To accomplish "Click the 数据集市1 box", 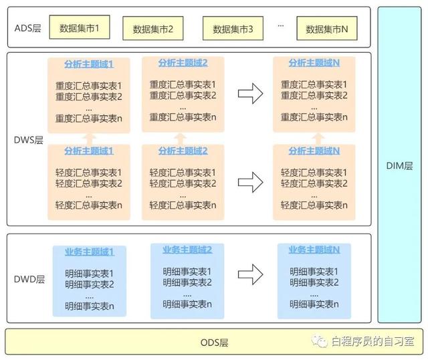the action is click(x=80, y=27).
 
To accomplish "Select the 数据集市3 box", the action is click(x=233, y=28).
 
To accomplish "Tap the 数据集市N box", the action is click(x=327, y=28).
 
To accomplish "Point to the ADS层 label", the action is click(x=28, y=28).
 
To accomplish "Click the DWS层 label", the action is click(x=29, y=140).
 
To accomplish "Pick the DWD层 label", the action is click(x=29, y=279).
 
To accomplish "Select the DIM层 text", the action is click(x=399, y=166).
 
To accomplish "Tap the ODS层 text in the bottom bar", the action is click(x=214, y=343).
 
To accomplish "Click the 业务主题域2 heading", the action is click(x=187, y=250).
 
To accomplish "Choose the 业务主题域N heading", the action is click(x=314, y=250).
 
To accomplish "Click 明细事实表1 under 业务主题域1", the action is click(x=89, y=274).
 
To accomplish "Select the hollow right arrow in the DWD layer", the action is click(x=250, y=274).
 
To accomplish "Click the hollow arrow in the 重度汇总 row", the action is click(x=250, y=94).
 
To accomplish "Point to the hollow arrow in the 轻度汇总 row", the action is click(x=250, y=182).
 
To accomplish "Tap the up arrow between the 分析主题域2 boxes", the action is click(x=180, y=139).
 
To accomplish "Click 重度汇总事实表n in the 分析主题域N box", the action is click(x=314, y=117).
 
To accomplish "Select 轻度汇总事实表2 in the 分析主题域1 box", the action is click(x=89, y=183).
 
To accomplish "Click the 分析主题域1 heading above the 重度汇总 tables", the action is click(x=89, y=64).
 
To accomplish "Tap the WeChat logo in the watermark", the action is click(x=320, y=341).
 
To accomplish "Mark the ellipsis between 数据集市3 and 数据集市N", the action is click(x=281, y=25).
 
